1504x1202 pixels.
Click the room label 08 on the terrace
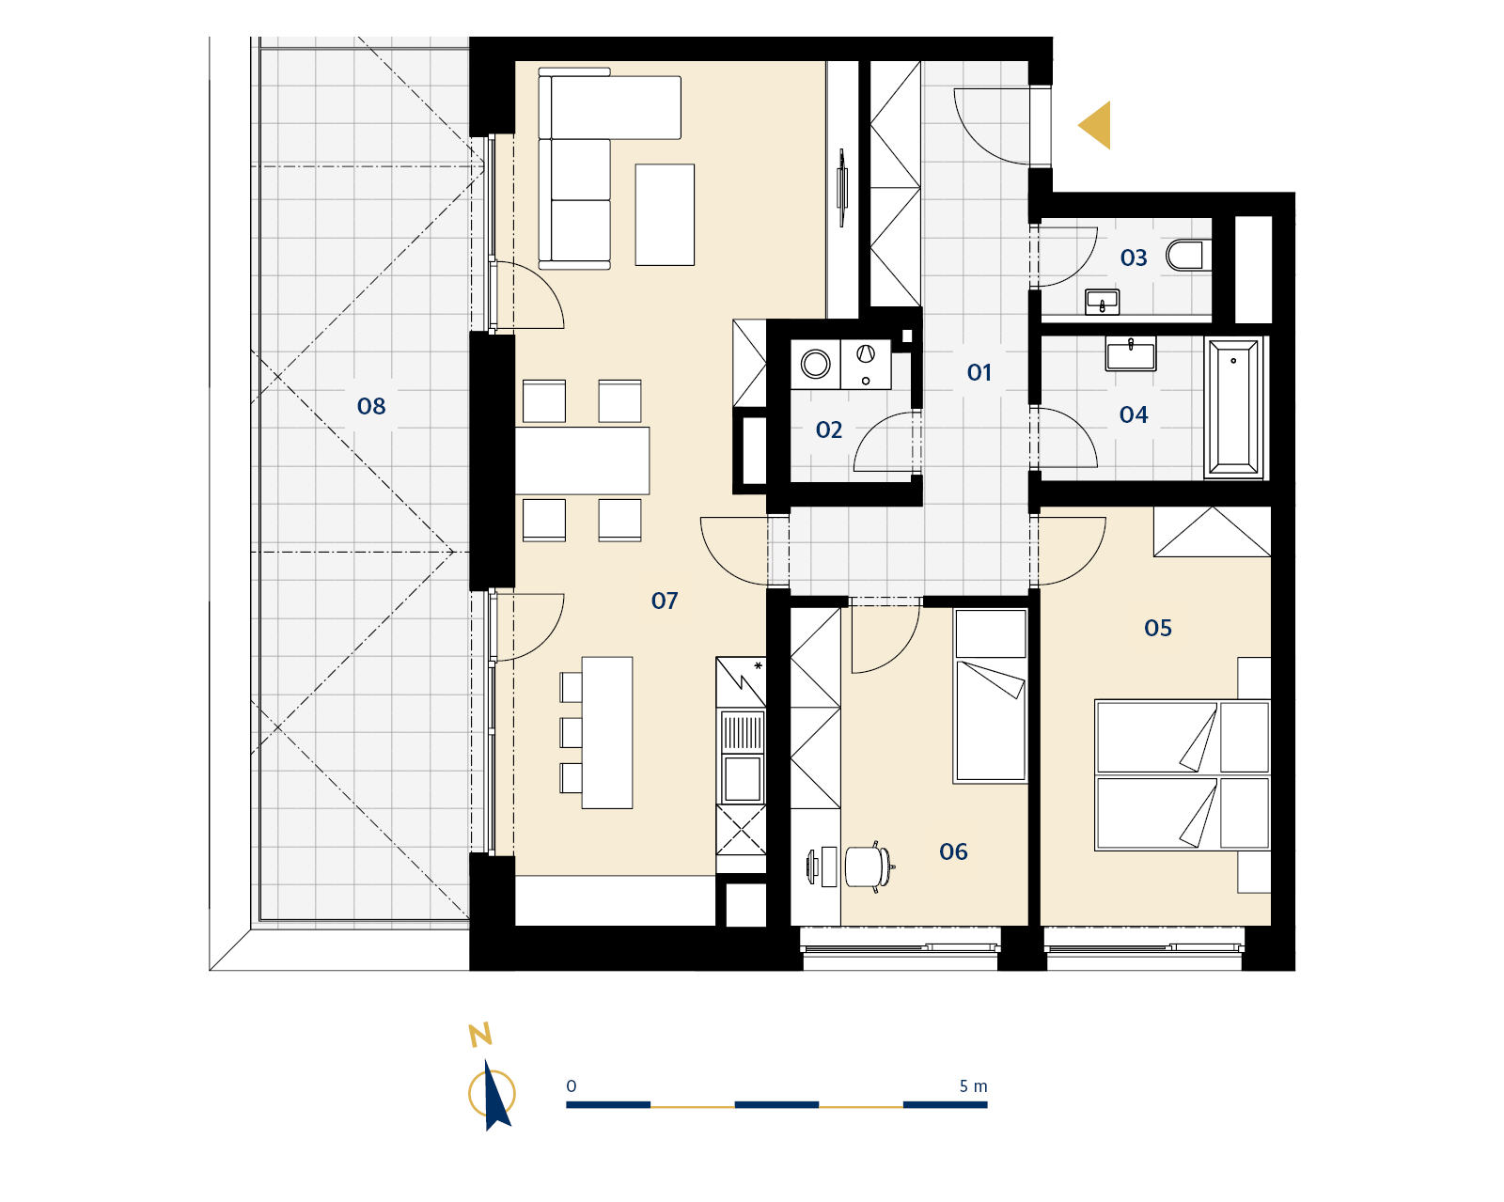pyautogui.click(x=371, y=406)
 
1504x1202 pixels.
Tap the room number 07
pyautogui.click(x=664, y=601)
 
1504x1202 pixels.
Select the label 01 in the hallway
pyautogui.click(x=979, y=372)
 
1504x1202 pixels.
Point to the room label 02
pyautogui.click(x=829, y=429)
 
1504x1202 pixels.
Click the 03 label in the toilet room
pyautogui.click(x=1134, y=258)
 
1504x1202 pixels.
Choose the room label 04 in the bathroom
pyautogui.click(x=1134, y=415)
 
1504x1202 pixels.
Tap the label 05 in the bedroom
pyautogui.click(x=1158, y=629)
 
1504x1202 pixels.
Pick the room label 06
pyautogui.click(x=953, y=851)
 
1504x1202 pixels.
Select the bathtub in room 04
pyautogui.click(x=1233, y=408)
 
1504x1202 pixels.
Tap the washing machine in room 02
pyautogui.click(x=816, y=364)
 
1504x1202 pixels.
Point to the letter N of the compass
pyautogui.click(x=480, y=1035)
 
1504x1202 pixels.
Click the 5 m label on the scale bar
pyautogui.click(x=973, y=1086)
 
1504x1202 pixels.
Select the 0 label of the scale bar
pyautogui.click(x=571, y=1086)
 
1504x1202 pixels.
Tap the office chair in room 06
pyautogui.click(x=869, y=866)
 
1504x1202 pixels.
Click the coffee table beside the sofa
pyautogui.click(x=665, y=214)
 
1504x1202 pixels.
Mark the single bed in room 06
pyautogui.click(x=991, y=695)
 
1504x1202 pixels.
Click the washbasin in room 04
pyautogui.click(x=1130, y=353)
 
